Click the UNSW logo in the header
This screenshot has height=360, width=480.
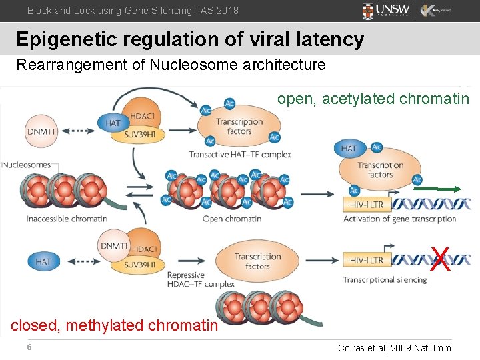[x=386, y=11]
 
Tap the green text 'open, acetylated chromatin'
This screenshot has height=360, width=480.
[x=373, y=99]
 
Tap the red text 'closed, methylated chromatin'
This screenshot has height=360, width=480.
[x=114, y=325]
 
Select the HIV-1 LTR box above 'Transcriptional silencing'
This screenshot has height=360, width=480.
[x=366, y=260]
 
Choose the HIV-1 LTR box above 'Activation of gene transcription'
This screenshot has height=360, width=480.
[x=366, y=204]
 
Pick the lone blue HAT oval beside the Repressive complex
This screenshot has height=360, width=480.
[x=43, y=262]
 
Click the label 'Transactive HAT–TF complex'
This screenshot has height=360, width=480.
[x=239, y=155]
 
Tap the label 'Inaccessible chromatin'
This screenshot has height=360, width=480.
[x=67, y=219]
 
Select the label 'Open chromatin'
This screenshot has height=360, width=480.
[x=231, y=219]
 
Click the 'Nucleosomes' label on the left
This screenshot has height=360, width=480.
[x=26, y=165]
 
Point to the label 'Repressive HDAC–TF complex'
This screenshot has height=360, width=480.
[x=200, y=279]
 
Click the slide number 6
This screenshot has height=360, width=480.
[x=29, y=347]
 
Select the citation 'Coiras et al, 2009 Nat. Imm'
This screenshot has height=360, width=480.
[x=395, y=348]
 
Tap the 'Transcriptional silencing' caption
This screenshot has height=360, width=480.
[x=385, y=279]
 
